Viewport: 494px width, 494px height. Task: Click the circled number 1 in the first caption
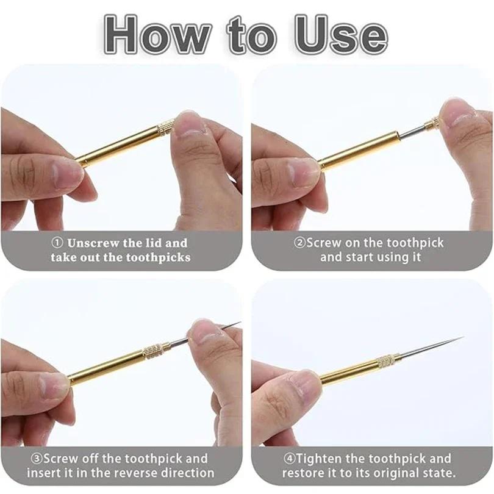pyautogui.click(x=59, y=243)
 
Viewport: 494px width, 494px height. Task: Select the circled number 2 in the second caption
pyautogui.click(x=299, y=243)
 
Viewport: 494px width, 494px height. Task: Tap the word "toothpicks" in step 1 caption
pyautogui.click(x=158, y=257)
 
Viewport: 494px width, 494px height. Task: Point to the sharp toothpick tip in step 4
pyautogui.click(x=460, y=338)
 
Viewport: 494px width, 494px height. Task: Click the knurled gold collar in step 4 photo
pyautogui.click(x=385, y=360)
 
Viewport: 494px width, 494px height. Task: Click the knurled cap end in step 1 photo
pyautogui.click(x=166, y=127)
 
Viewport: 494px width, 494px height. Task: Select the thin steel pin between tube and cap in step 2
pyautogui.click(x=412, y=131)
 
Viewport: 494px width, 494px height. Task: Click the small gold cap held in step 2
pyautogui.click(x=432, y=124)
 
